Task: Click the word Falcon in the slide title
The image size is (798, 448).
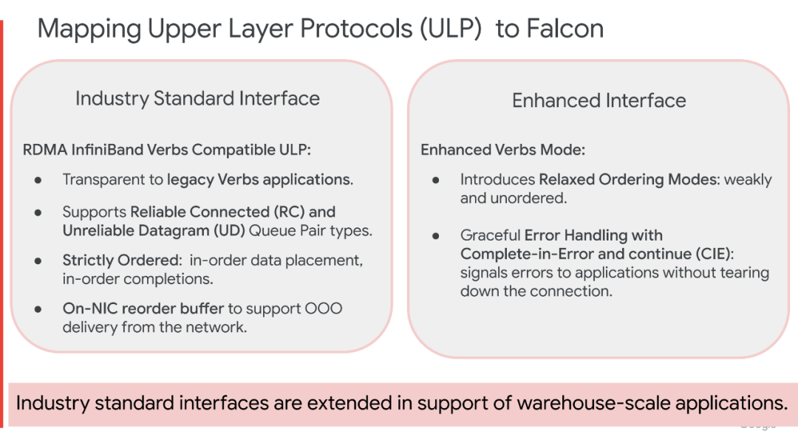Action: (x=565, y=29)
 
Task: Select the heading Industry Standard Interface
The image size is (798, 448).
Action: (x=197, y=99)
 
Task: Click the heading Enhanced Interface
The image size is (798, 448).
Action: (x=598, y=101)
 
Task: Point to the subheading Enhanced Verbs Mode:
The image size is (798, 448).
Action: (x=502, y=150)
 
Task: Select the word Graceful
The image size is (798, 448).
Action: (x=490, y=235)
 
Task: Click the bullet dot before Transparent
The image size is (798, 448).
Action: (x=38, y=179)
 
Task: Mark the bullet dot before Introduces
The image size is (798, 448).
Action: (x=436, y=179)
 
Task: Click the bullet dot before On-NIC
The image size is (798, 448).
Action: (x=38, y=309)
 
